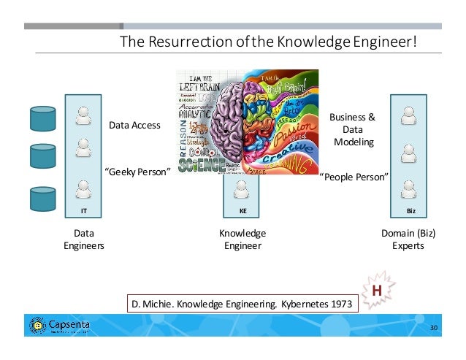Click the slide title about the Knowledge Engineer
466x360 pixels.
tap(271, 42)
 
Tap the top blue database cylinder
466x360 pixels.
tap(42, 117)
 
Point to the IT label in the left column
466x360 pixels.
tap(83, 210)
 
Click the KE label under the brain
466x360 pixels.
tap(242, 210)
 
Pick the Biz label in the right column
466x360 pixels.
tap(409, 210)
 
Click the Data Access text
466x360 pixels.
tap(134, 126)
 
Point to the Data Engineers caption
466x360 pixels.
tap(83, 240)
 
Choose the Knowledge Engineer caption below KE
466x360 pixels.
tap(242, 240)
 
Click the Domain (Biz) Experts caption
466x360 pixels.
tap(408, 240)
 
